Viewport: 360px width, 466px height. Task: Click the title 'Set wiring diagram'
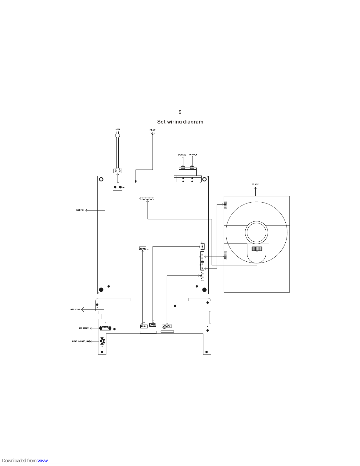(180, 122)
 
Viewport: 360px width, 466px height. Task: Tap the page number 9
(180, 112)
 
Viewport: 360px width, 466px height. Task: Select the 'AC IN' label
(118, 129)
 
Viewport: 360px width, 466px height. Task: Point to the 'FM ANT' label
(153, 130)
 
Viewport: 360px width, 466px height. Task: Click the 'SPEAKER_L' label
(182, 155)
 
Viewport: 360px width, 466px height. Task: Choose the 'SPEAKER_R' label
(193, 155)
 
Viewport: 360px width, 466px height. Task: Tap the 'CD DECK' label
(255, 185)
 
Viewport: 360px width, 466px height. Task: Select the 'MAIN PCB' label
(80, 210)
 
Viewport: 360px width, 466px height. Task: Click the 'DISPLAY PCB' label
(75, 310)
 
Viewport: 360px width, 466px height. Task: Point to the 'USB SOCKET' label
(84, 328)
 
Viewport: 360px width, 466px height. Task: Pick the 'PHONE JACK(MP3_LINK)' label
(81, 341)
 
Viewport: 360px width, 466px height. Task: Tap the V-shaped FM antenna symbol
(153, 134)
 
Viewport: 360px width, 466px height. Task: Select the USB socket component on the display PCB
(105, 328)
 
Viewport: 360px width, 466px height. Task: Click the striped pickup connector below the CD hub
(257, 249)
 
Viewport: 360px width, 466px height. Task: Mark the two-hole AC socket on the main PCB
(118, 187)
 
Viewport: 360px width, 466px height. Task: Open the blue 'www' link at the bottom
(43, 461)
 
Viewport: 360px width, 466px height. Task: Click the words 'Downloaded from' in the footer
(19, 461)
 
